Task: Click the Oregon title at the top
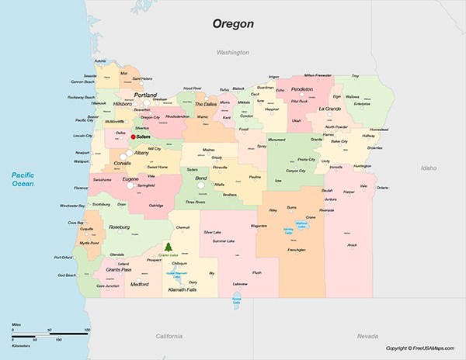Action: [233, 23]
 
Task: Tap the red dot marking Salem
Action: [133, 137]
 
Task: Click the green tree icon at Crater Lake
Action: [165, 247]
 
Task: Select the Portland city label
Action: [145, 95]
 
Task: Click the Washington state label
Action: [232, 53]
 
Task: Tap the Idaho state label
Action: [428, 168]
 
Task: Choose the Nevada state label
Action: [367, 335]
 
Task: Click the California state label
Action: [169, 335]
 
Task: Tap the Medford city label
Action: [140, 284]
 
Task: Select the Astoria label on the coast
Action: [100, 61]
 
